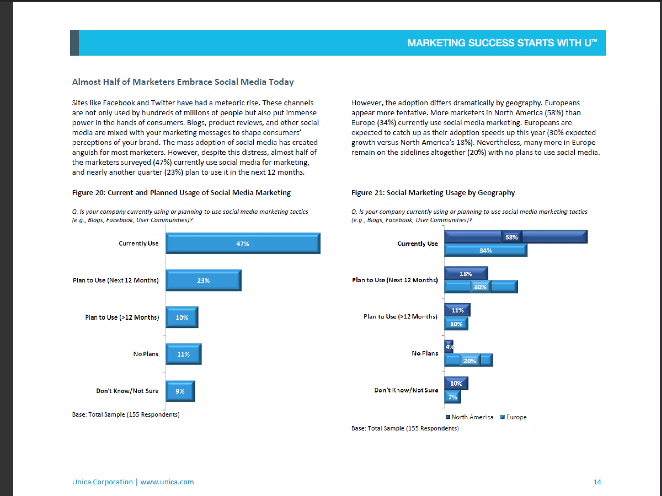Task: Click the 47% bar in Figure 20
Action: [x=243, y=243]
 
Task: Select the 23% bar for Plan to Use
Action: [x=203, y=280]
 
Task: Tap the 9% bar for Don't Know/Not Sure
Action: [x=180, y=391]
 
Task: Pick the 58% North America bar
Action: [x=515, y=237]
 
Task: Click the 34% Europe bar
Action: [x=486, y=251]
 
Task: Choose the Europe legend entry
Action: [x=514, y=417]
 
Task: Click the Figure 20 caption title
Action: [x=181, y=193]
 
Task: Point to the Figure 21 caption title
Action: [x=433, y=193]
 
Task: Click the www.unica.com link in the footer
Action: [x=167, y=482]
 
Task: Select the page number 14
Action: [x=597, y=482]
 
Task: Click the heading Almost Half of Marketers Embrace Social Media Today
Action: [x=183, y=82]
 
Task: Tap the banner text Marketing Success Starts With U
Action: [x=502, y=43]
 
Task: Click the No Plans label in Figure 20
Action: [x=146, y=354]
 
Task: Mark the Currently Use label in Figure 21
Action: [x=417, y=243]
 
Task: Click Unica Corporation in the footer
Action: [x=102, y=482]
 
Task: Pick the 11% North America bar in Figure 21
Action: [x=457, y=310]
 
